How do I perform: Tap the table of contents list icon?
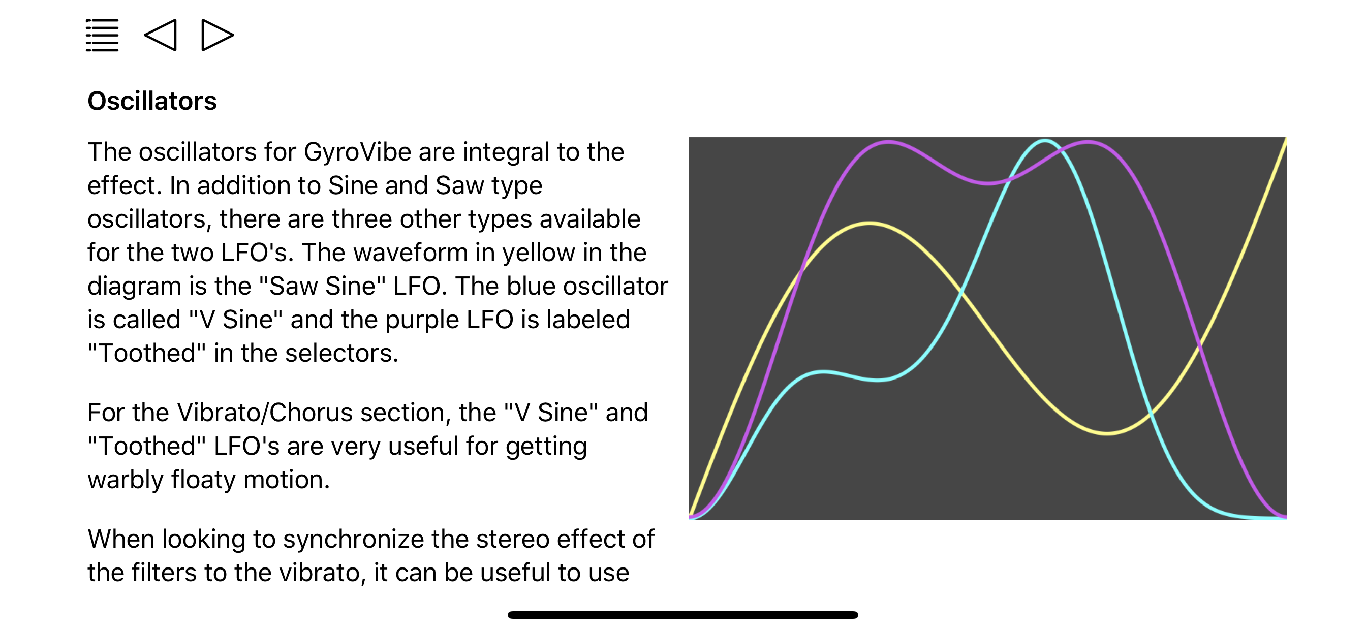pyautogui.click(x=102, y=36)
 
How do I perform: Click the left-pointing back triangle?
pyautogui.click(x=161, y=36)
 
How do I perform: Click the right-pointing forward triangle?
pyautogui.click(x=217, y=36)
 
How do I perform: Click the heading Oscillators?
pyautogui.click(x=152, y=101)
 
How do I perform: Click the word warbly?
pyautogui.click(x=125, y=480)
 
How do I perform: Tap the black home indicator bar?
pyautogui.click(x=682, y=615)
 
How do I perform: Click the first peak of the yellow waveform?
pyautogui.click(x=870, y=224)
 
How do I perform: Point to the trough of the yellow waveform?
pyautogui.click(x=1107, y=433)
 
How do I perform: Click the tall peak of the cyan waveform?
pyautogui.click(x=1045, y=141)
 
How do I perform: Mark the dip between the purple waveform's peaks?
pyautogui.click(x=987, y=183)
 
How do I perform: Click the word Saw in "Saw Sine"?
pyautogui.click(x=293, y=287)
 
